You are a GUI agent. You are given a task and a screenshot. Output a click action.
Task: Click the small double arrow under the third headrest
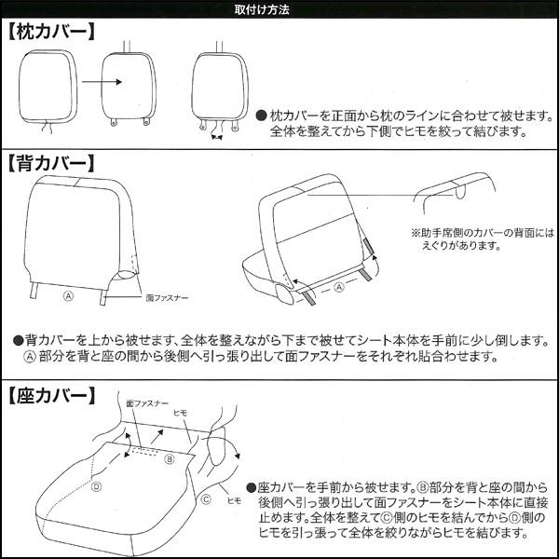point(218,137)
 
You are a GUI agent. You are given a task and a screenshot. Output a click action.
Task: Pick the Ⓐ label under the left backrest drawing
point(67,297)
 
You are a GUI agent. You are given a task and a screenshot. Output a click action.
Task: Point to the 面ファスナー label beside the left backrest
point(168,298)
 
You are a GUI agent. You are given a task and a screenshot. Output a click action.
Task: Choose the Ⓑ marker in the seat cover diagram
point(170,459)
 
